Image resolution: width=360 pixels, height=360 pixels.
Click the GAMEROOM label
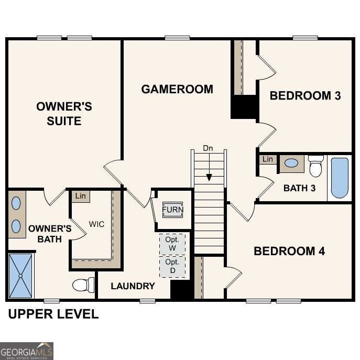(x=177, y=89)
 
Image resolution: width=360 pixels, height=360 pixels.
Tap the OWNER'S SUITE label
(x=64, y=114)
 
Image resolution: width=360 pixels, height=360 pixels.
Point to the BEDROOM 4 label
(x=289, y=251)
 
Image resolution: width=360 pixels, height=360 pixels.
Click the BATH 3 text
(x=299, y=188)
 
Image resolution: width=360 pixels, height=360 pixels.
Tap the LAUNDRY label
(x=133, y=286)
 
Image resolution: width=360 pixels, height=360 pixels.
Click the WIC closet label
(x=96, y=224)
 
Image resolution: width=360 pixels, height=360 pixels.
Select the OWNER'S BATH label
(x=50, y=234)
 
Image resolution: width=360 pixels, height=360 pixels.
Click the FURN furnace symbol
(x=172, y=210)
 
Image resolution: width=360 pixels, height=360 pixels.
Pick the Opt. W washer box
(x=172, y=244)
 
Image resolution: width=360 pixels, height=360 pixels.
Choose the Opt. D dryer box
(x=172, y=266)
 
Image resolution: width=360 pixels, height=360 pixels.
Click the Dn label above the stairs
(x=208, y=149)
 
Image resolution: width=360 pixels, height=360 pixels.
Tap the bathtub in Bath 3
(x=340, y=178)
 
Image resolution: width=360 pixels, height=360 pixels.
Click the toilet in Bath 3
(x=315, y=167)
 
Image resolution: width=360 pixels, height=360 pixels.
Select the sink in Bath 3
(x=291, y=163)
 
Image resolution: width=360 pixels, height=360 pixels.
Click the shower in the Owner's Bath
(x=21, y=275)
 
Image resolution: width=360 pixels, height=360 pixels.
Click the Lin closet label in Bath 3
(x=268, y=159)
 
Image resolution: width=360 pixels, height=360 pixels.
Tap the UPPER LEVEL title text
(x=52, y=314)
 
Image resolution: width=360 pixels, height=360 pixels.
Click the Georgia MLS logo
(x=27, y=351)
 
